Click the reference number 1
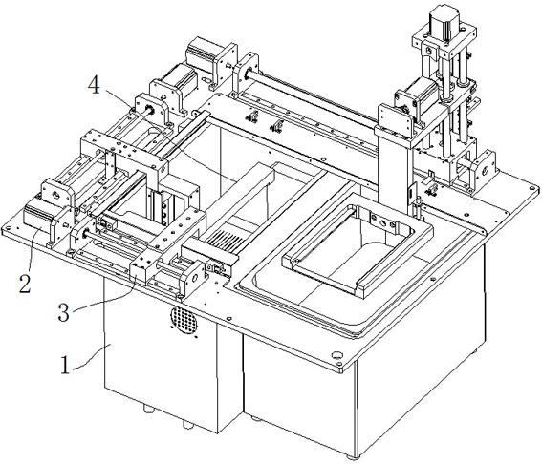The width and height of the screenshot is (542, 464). (65, 366)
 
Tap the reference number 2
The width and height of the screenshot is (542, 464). (25, 284)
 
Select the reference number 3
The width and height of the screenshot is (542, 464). (64, 313)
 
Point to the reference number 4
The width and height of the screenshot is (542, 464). (94, 85)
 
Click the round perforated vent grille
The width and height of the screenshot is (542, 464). (184, 320)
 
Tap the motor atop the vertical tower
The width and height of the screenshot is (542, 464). (444, 23)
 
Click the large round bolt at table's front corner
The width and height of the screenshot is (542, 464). (336, 355)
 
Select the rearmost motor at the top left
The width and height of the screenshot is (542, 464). (201, 53)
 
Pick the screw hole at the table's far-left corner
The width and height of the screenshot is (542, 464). (8, 228)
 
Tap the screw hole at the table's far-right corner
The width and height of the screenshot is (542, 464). (532, 187)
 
